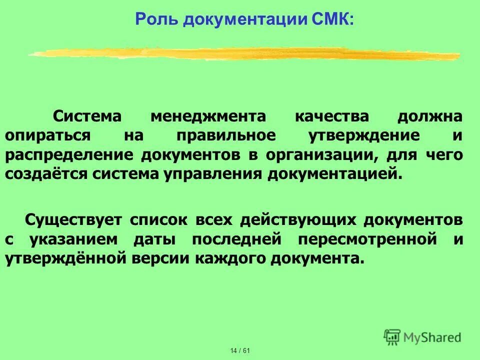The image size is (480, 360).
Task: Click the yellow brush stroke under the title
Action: (x=245, y=53)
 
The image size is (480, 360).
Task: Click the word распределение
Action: (x=69, y=155)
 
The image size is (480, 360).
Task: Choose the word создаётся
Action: (x=42, y=174)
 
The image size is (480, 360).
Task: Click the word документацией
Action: (x=335, y=174)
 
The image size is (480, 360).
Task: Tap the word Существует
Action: (x=73, y=220)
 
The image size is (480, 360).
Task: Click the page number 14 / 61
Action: (x=240, y=350)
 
